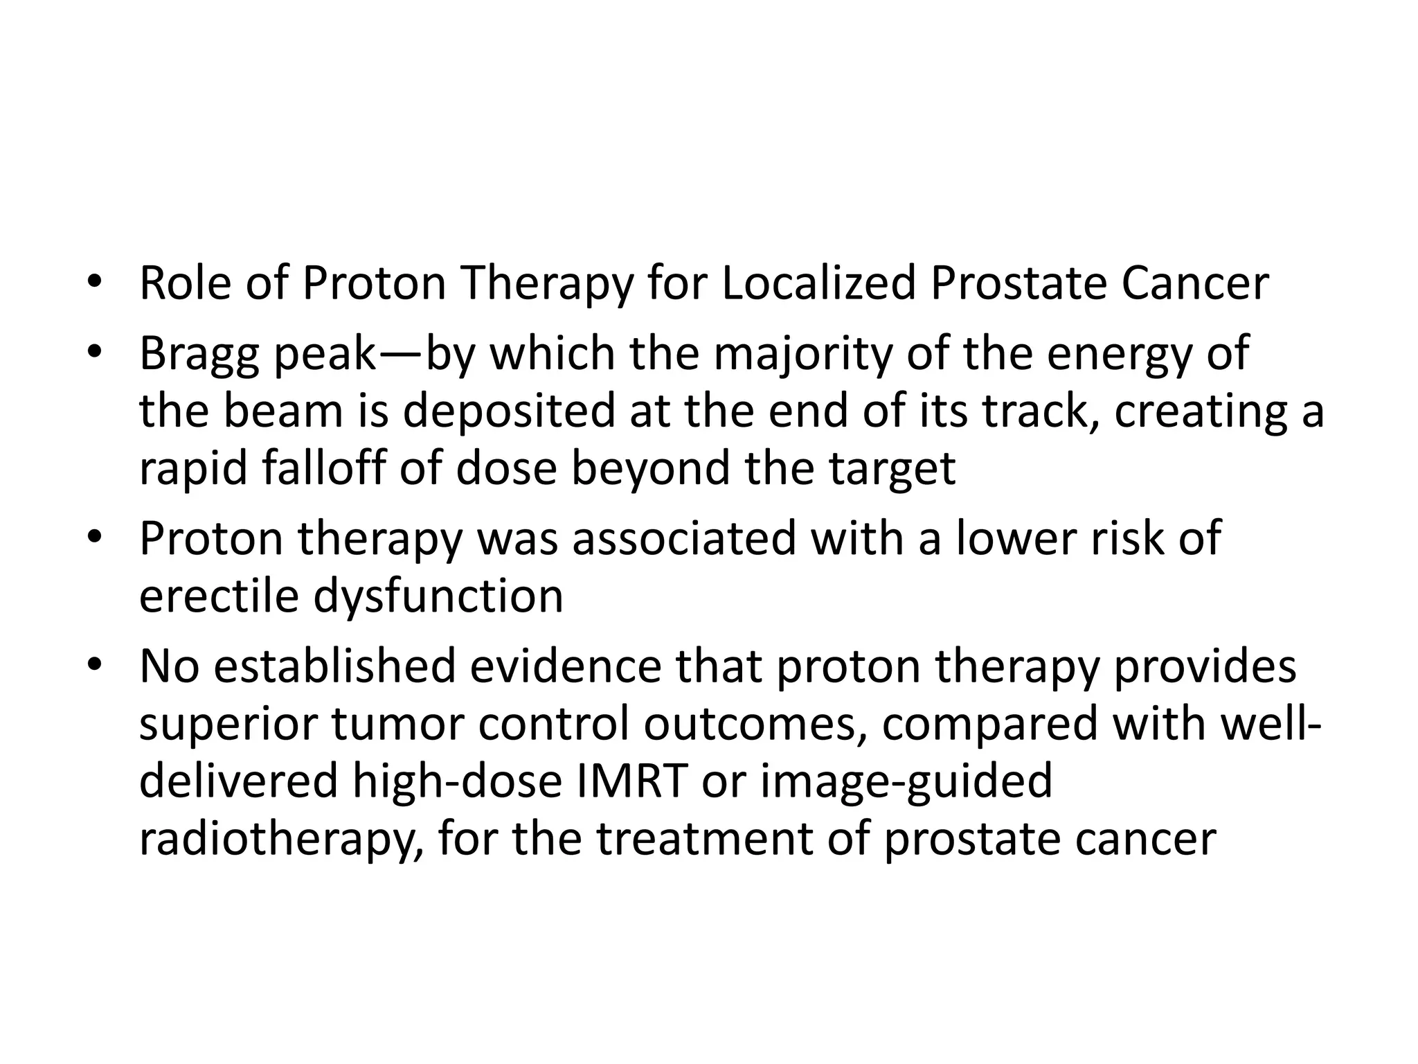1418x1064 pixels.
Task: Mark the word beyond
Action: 650,469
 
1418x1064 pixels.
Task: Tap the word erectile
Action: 219,596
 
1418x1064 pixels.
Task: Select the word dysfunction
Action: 438,596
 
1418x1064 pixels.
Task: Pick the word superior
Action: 228,724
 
